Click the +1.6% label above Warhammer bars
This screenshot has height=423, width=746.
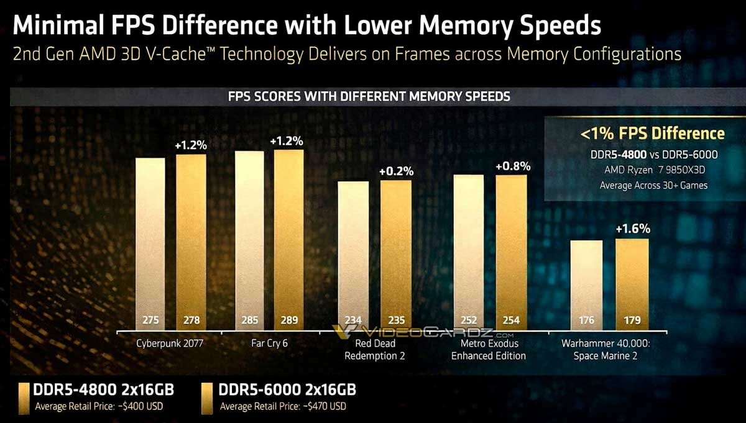tap(632, 229)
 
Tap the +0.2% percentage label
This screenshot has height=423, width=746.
tap(395, 171)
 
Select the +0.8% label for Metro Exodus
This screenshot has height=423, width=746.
tap(512, 166)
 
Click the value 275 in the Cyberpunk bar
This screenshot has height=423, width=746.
tap(150, 321)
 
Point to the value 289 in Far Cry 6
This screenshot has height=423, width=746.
tap(288, 321)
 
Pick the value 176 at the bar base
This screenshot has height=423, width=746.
tap(586, 321)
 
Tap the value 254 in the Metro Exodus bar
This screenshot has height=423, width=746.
tap(511, 321)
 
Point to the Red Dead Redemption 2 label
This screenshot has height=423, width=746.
tap(375, 350)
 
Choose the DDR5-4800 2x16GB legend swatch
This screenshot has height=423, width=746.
tap(23, 398)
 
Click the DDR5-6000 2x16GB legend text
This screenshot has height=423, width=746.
tap(287, 390)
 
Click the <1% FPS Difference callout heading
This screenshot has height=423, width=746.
tap(652, 133)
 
